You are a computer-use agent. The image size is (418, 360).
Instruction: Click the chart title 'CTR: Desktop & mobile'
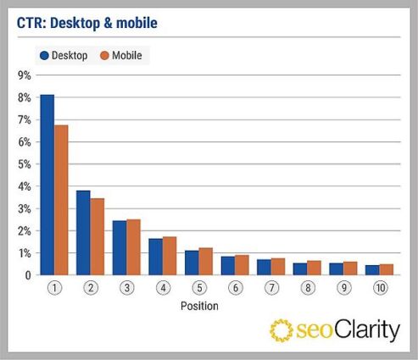86,23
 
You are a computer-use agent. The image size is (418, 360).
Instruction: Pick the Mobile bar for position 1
61,200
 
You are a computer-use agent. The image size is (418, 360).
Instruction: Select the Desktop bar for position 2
83,233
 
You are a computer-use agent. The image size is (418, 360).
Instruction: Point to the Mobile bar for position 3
133,246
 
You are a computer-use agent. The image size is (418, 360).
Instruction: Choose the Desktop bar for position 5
192,263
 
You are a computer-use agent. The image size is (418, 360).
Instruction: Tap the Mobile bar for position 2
98,236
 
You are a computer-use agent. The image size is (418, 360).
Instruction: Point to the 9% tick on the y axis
24,75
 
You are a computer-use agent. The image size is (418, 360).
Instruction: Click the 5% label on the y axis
24,164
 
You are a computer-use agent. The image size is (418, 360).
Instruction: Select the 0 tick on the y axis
27,275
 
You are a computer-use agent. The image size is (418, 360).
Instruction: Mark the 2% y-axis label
24,230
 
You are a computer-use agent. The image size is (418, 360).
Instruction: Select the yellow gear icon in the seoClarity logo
281,330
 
